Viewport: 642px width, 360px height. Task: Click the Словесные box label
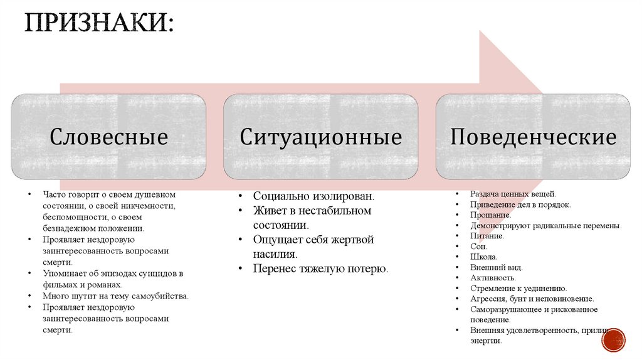109,137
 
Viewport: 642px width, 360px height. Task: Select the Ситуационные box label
320,137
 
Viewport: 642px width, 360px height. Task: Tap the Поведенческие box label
533,137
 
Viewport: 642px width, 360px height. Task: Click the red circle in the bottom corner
613,339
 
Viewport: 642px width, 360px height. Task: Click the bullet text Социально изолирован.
313,196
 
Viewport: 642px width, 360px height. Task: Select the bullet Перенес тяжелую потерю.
320,269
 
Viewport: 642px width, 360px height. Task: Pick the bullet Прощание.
491,215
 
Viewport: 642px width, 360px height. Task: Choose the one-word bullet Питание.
487,236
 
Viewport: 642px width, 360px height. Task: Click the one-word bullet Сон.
478,246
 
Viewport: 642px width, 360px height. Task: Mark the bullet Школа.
484,257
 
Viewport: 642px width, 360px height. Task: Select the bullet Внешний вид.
496,267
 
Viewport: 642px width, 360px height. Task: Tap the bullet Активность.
493,278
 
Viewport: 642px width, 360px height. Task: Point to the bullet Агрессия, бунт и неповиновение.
532,299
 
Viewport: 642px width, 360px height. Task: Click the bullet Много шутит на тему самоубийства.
115,295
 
